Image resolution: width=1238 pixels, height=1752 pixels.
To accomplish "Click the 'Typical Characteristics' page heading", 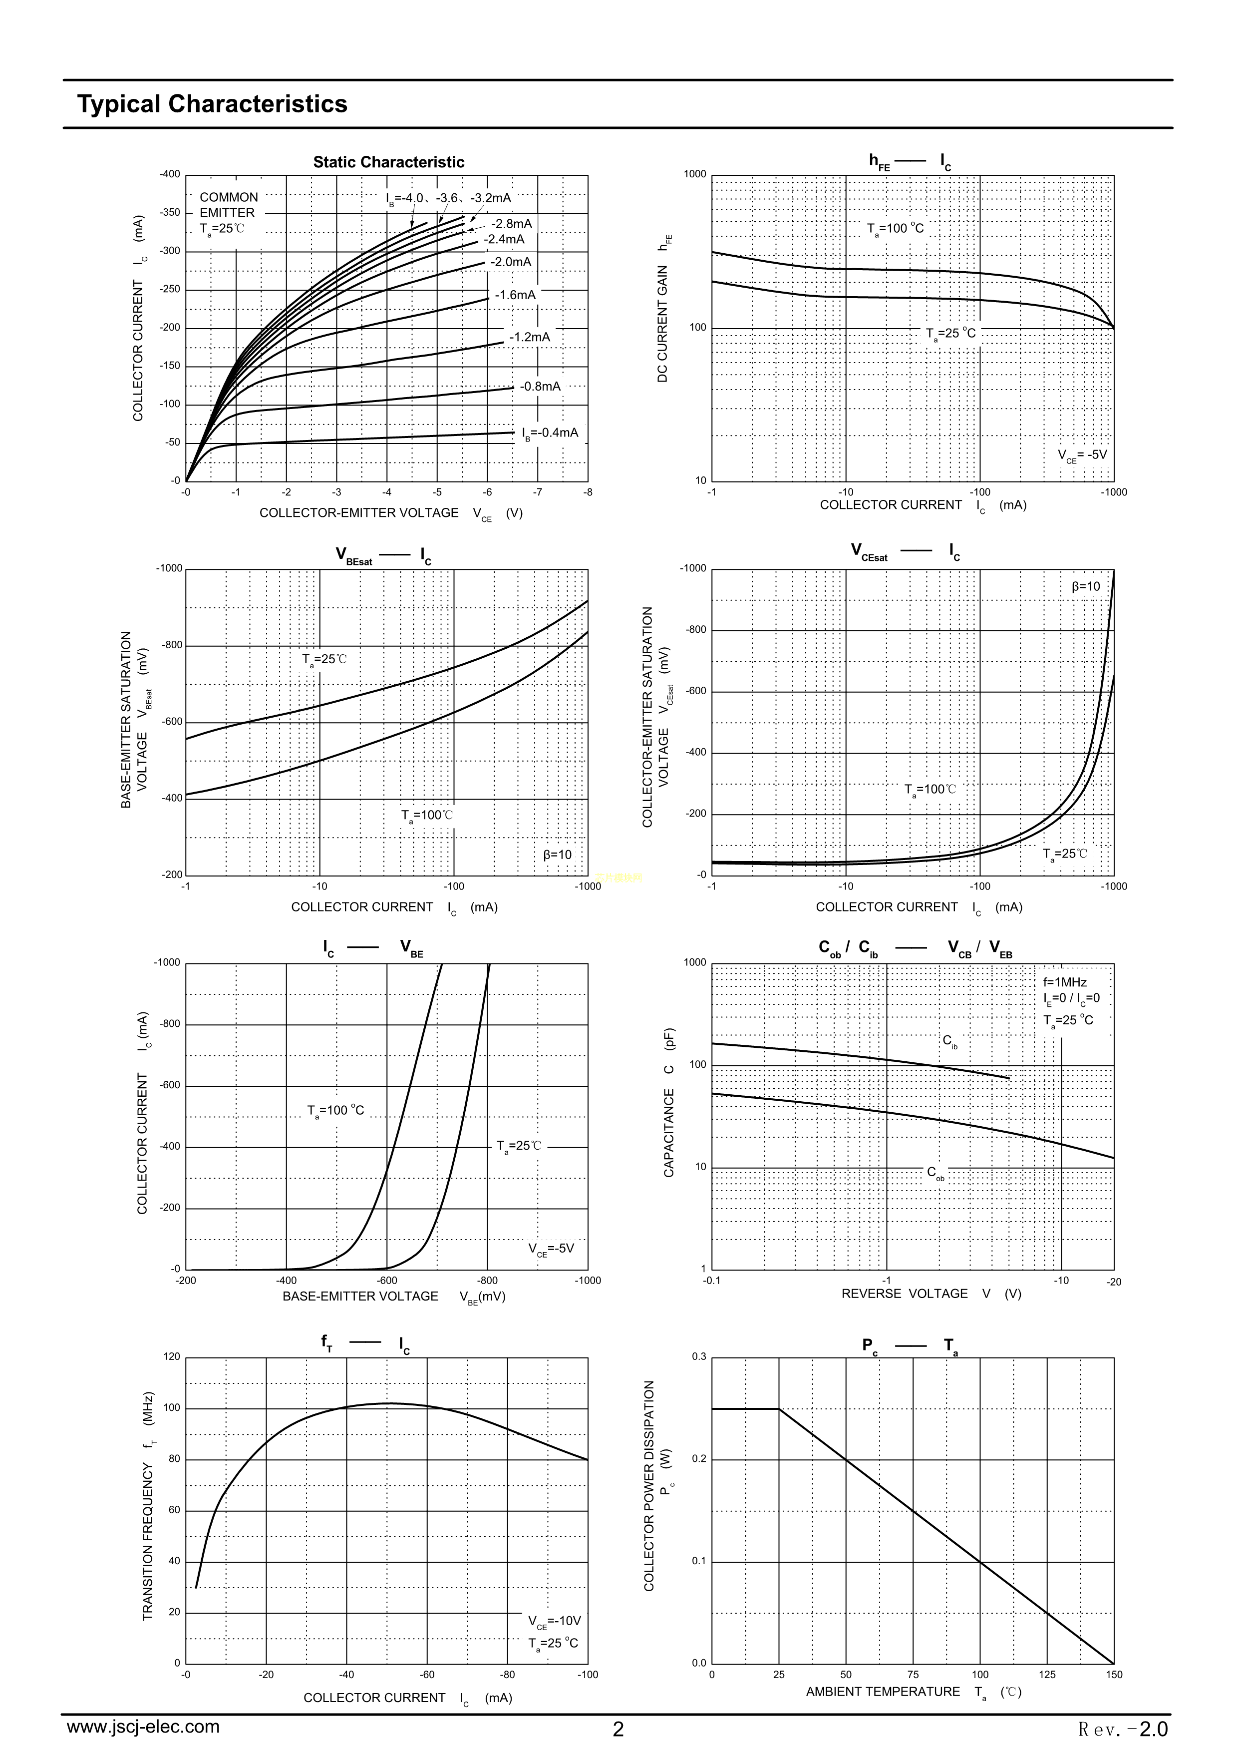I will [212, 104].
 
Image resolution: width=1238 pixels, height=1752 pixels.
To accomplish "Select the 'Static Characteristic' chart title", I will [388, 162].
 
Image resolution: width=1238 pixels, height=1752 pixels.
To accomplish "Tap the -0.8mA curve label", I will [540, 386].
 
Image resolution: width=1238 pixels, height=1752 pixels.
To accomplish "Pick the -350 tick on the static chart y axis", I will [169, 213].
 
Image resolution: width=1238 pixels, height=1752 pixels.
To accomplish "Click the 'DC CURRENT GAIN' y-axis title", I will [662, 324].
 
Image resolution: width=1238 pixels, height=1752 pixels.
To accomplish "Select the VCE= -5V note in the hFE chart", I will [1082, 455].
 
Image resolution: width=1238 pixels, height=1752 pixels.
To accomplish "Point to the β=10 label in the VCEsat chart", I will [1085, 587].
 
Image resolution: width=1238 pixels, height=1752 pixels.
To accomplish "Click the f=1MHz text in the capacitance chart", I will [1065, 982].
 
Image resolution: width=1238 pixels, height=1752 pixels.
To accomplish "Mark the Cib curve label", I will [949, 1041].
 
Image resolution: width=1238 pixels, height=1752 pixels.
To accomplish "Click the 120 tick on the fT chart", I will [172, 1357].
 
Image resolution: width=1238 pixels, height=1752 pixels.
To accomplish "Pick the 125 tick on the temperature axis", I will [1046, 1674].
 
